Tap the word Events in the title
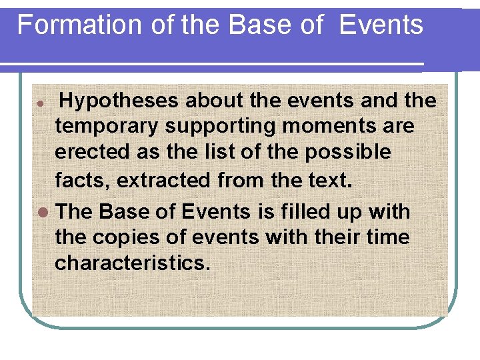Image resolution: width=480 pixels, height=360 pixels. tap(381, 25)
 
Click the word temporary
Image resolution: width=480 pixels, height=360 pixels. tap(107, 126)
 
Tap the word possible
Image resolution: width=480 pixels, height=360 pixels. tap(348, 152)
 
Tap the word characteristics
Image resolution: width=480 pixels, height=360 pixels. tap(132, 263)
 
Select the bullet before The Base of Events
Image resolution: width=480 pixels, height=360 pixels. tap(43, 213)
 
